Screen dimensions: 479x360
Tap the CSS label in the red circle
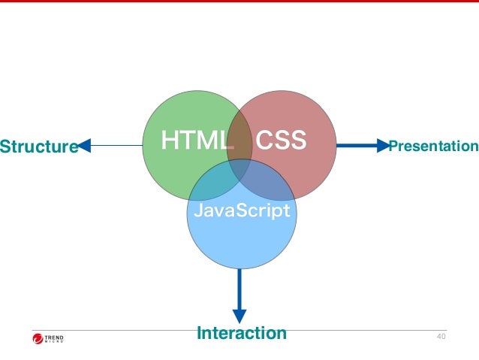click(x=282, y=141)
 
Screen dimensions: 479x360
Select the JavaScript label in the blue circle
click(x=240, y=211)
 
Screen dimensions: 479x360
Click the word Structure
click(x=38, y=146)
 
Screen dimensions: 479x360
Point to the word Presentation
click(x=433, y=145)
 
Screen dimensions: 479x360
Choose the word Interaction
click(x=241, y=333)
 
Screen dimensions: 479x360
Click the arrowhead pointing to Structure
click(x=84, y=145)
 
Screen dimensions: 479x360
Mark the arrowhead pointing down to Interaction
click(x=239, y=316)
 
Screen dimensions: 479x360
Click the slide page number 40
click(x=441, y=335)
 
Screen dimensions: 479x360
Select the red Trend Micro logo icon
click(x=39, y=339)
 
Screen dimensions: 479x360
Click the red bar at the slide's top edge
click(x=239, y=2)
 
